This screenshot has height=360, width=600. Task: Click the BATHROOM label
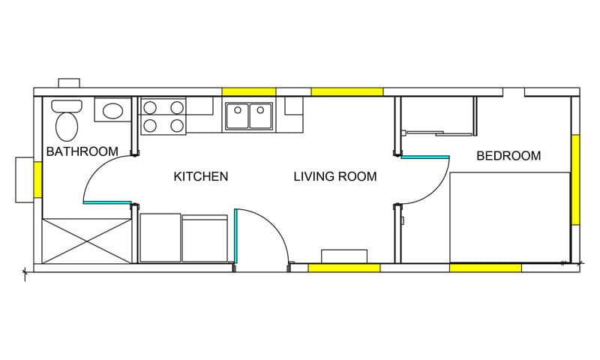click(x=82, y=151)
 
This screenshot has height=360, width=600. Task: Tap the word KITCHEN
click(x=201, y=176)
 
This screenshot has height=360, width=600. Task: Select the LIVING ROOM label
click(x=335, y=176)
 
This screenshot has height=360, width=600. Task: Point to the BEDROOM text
click(x=508, y=156)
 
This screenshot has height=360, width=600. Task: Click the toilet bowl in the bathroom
click(x=67, y=126)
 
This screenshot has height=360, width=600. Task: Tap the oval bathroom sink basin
click(x=112, y=111)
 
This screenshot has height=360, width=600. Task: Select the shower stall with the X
click(x=87, y=241)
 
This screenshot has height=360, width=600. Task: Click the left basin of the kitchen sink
click(x=237, y=115)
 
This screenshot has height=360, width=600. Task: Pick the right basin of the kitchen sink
click(x=260, y=115)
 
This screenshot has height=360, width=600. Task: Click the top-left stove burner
click(x=150, y=108)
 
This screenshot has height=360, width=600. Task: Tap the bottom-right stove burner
click(x=177, y=125)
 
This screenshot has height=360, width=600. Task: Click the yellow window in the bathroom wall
click(x=37, y=180)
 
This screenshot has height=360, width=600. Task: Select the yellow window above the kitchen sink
click(x=249, y=91)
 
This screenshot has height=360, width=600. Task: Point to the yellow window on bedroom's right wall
click(x=575, y=179)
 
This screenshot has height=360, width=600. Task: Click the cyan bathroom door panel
click(x=107, y=202)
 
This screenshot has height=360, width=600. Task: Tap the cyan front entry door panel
click(x=236, y=235)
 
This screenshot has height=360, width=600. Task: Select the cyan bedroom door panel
click(x=425, y=157)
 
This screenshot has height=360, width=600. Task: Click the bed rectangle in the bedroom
click(x=510, y=217)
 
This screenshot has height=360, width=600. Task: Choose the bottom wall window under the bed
click(x=485, y=268)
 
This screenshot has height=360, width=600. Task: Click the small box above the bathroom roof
click(x=69, y=83)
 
